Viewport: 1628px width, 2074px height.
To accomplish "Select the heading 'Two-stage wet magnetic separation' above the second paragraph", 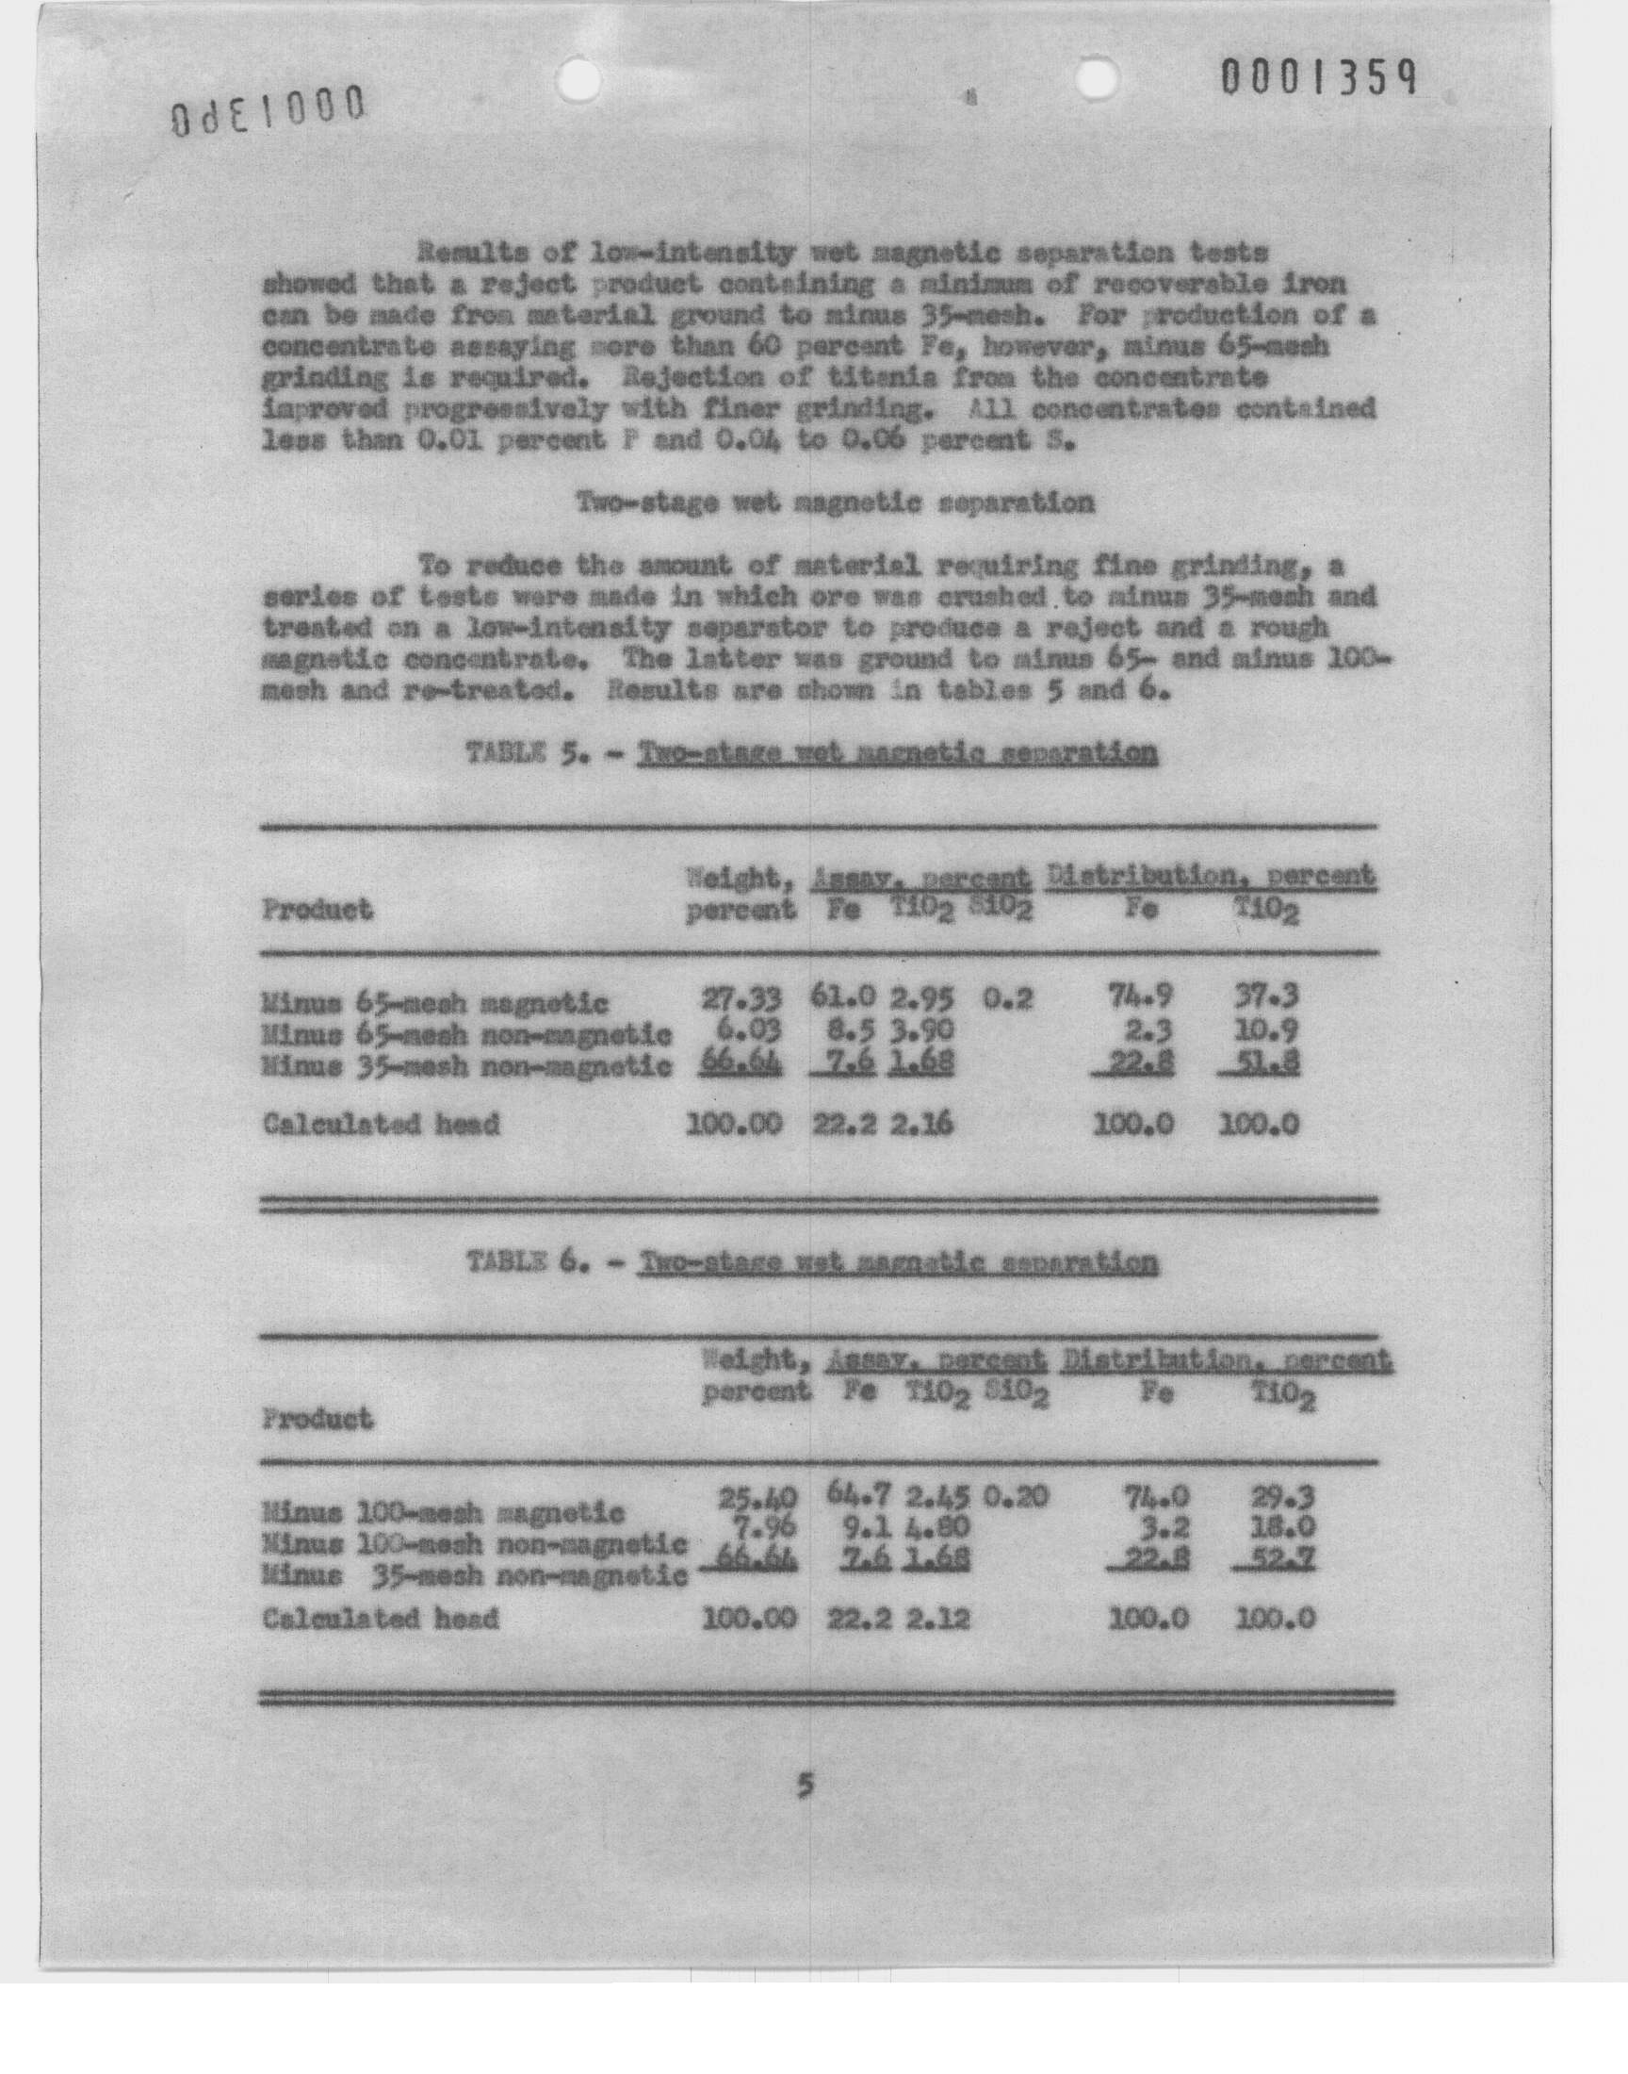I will pyautogui.click(x=835, y=502).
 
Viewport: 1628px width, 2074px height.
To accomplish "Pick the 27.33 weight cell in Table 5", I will pyautogui.click(x=741, y=998).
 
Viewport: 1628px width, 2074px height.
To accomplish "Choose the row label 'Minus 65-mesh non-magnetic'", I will pyautogui.click(x=467, y=1033).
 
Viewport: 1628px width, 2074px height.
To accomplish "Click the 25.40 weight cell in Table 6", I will pyautogui.click(x=757, y=1499).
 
